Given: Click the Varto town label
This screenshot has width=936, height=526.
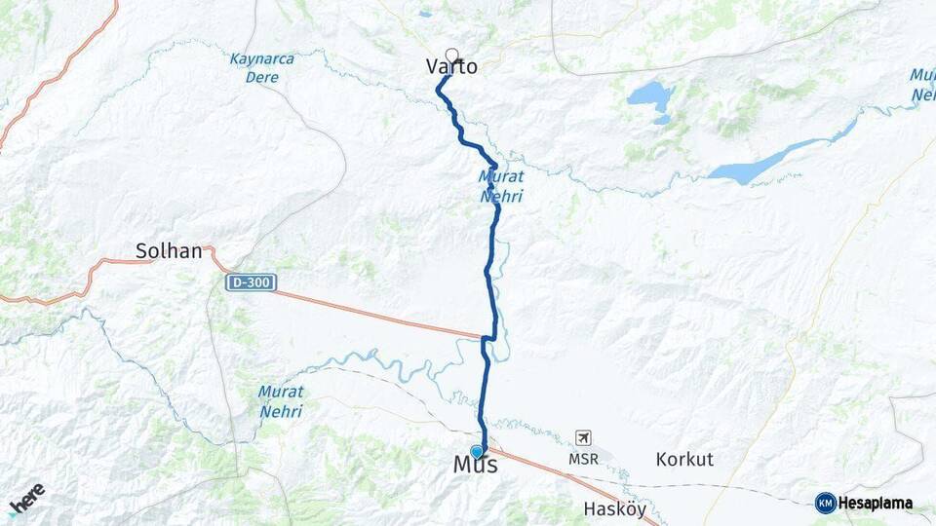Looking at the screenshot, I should click(x=451, y=67).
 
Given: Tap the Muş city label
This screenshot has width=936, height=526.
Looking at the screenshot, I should click(x=476, y=466).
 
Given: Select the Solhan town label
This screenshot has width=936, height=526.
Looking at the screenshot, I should click(x=169, y=251).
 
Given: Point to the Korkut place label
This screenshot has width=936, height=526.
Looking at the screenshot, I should click(x=684, y=459).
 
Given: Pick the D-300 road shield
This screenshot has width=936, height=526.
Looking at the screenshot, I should click(x=251, y=282).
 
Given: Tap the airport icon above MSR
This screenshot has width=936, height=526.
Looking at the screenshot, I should click(x=583, y=437).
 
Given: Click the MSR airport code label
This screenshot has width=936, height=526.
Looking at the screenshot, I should click(x=583, y=457).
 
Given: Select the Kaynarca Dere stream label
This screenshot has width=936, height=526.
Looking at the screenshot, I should click(x=261, y=67).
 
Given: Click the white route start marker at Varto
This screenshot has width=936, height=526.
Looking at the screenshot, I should click(x=451, y=55).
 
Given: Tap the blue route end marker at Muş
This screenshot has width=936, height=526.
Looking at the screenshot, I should click(x=477, y=451).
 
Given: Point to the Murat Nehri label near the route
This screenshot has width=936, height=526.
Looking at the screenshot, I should click(x=501, y=186).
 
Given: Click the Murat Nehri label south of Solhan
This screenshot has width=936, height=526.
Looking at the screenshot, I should click(x=281, y=400).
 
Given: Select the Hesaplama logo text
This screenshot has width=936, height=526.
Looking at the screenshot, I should click(x=876, y=504).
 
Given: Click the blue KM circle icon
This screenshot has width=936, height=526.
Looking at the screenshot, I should click(x=826, y=504).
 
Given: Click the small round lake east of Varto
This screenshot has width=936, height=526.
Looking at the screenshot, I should click(x=650, y=96).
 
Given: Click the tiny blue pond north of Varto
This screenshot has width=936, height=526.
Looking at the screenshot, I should click(x=425, y=15).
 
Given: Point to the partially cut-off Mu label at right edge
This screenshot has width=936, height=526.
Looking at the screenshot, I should click(x=922, y=85).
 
